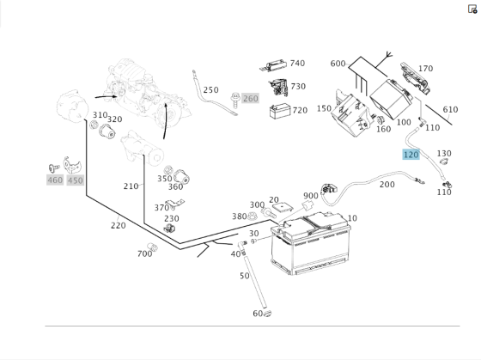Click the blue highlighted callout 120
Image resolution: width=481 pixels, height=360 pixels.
pyautogui.click(x=411, y=155)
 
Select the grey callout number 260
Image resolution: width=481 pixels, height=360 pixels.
pyautogui.click(x=250, y=99)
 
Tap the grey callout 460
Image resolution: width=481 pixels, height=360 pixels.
pyautogui.click(x=55, y=180)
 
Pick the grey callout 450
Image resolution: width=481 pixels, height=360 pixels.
pyautogui.click(x=76, y=180)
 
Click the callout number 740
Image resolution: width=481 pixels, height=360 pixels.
pyautogui.click(x=297, y=64)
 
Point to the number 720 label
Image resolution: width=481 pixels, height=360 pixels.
pyautogui.click(x=300, y=110)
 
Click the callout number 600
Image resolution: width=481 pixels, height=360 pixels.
pyautogui.click(x=338, y=64)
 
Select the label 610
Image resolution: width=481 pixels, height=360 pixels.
pyautogui.click(x=450, y=109)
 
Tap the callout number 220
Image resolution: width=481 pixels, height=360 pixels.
pyautogui.click(x=119, y=226)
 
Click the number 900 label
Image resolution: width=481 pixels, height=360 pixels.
pyautogui.click(x=310, y=196)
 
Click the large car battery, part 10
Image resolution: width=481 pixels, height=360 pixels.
pyautogui.click(x=311, y=243)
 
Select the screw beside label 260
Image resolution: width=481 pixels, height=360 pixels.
pyautogui.click(x=235, y=100)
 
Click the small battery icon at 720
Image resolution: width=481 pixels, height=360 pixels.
pyautogui.click(x=280, y=111)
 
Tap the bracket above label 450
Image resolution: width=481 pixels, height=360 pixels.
pyautogui.click(x=72, y=165)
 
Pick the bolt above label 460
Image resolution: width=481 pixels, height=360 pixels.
pyautogui.click(x=54, y=168)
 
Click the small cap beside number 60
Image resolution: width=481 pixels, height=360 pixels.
pyautogui.click(x=267, y=314)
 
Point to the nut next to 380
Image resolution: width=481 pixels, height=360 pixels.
pyautogui.click(x=252, y=216)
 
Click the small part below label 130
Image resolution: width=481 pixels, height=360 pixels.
pyautogui.click(x=444, y=162)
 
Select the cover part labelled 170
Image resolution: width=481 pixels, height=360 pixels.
pyautogui.click(x=415, y=77)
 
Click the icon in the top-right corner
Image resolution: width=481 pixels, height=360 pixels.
pyautogui.click(x=472, y=9)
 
